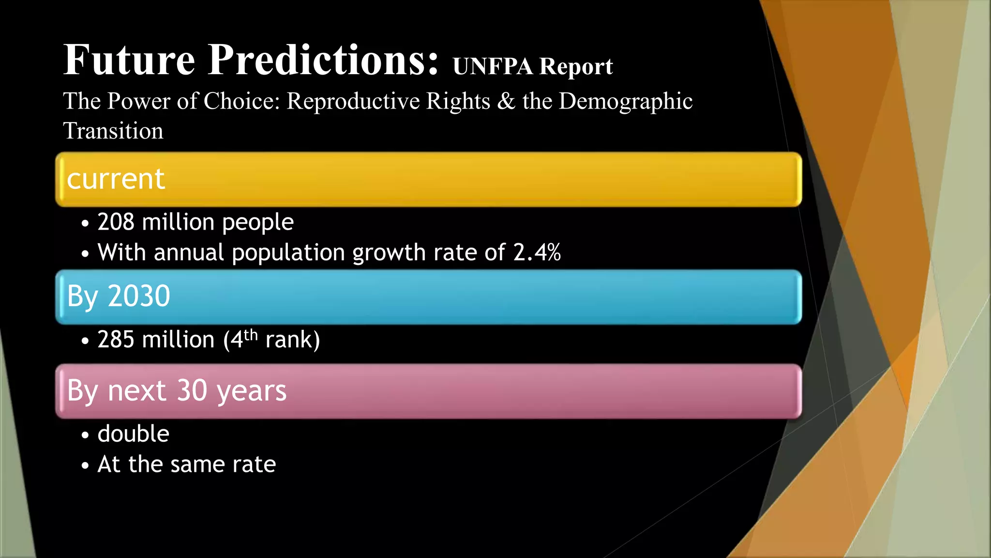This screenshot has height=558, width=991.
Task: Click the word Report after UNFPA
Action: click(x=576, y=66)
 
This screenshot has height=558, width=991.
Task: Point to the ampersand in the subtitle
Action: click(x=506, y=101)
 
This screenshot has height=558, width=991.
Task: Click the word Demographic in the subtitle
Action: click(x=626, y=101)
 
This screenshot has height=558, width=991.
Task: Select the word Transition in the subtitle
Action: click(x=113, y=131)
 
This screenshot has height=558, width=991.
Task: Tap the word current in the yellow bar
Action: click(x=116, y=179)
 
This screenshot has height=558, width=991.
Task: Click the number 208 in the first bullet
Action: click(x=116, y=222)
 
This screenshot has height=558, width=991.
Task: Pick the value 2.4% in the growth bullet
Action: click(x=537, y=252)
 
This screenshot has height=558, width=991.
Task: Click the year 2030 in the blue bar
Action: click(x=139, y=296)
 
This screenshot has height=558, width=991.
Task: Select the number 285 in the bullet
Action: click(x=116, y=340)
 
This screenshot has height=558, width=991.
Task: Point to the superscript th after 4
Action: click(x=251, y=334)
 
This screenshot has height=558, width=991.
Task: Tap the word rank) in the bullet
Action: click(x=293, y=340)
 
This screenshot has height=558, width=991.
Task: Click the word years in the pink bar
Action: click(x=252, y=391)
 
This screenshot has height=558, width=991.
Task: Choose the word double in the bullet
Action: click(x=134, y=434)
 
